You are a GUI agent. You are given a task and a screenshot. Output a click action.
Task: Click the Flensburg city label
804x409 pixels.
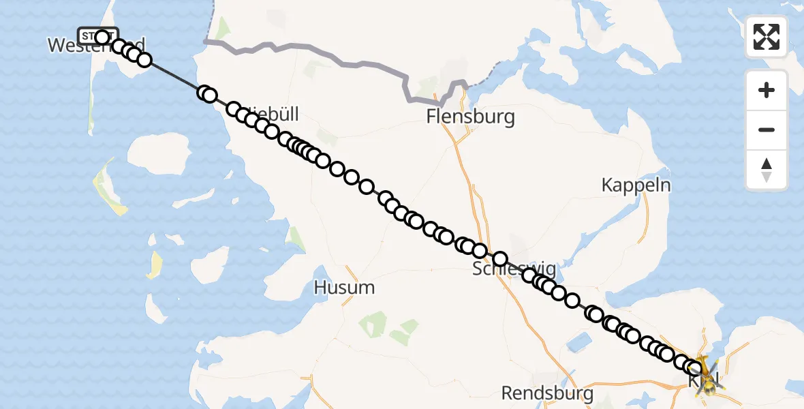pyautogui.click(x=470, y=117)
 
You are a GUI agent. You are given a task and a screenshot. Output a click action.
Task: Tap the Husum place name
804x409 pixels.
pyautogui.click(x=344, y=288)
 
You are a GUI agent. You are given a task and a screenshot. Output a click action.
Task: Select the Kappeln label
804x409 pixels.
pyautogui.click(x=636, y=185)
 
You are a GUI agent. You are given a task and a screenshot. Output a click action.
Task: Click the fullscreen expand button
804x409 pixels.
pyautogui.click(x=767, y=37)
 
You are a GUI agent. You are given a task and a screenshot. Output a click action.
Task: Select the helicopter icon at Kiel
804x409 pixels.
pyautogui.click(x=706, y=377)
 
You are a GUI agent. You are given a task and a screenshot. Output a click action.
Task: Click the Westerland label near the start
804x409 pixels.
pyautogui.click(x=95, y=46)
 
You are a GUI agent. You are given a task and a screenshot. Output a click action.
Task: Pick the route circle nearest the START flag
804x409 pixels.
pyautogui.click(x=103, y=37)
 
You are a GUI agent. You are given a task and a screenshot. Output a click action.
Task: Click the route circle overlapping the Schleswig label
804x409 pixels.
pyautogui.click(x=500, y=259)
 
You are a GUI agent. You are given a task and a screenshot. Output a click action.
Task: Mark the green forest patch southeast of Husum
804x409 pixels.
pyautogui.click(x=374, y=323)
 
